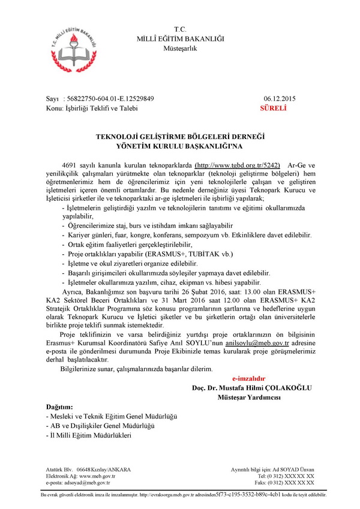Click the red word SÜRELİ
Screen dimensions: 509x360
[274, 109]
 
